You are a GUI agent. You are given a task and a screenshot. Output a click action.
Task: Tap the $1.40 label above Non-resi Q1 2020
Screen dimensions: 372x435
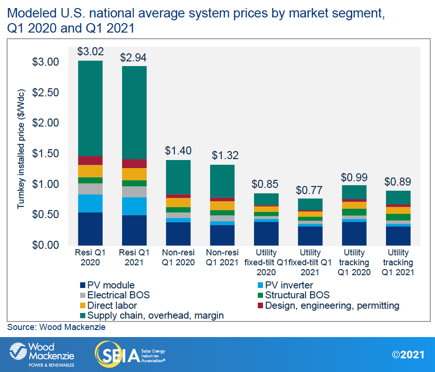coord(178,151)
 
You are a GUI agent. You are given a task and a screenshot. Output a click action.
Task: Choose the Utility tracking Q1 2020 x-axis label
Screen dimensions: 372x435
coord(354,262)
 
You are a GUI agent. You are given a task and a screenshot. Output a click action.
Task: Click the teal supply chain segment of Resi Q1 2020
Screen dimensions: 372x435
coord(90,109)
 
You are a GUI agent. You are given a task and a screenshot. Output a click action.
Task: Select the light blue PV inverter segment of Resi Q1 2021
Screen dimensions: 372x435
coord(134,206)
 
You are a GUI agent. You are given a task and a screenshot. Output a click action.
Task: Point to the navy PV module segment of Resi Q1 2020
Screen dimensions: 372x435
coord(90,228)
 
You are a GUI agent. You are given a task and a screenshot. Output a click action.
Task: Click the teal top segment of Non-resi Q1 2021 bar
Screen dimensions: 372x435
coord(222,181)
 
